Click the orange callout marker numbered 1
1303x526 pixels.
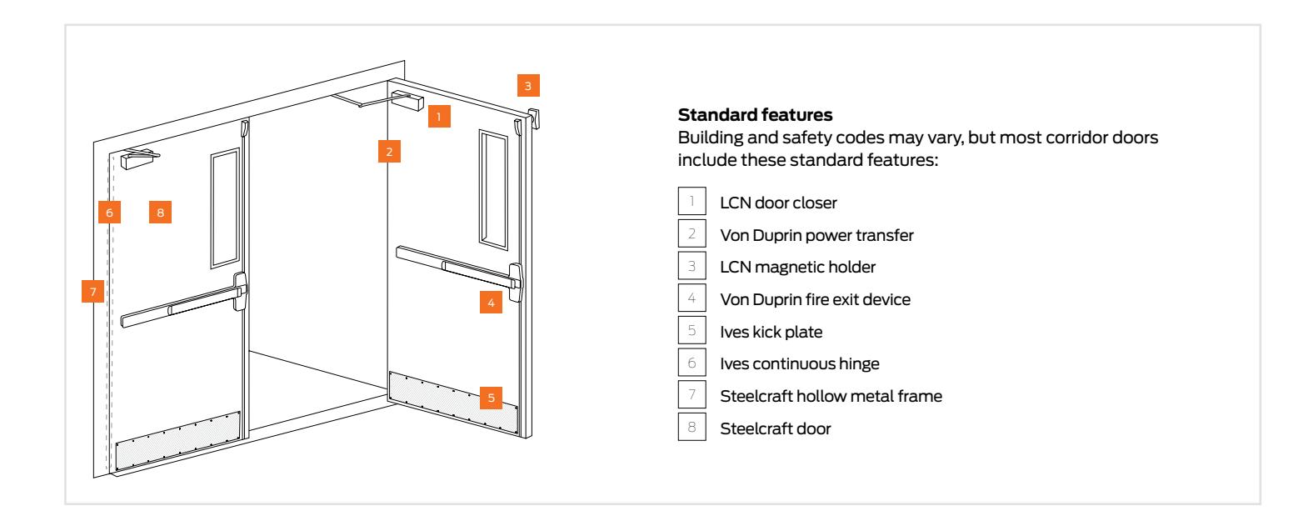pos(440,116)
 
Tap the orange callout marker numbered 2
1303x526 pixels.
pos(389,152)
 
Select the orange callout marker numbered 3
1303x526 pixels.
pos(527,84)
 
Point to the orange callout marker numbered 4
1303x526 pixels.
pos(492,303)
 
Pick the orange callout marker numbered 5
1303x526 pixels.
pos(492,398)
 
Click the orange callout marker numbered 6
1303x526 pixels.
pos(109,212)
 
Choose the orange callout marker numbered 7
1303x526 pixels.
pos(93,292)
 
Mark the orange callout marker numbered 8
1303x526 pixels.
pos(161,212)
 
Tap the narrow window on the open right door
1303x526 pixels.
pos(492,188)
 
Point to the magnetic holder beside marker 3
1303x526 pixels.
pos(534,118)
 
